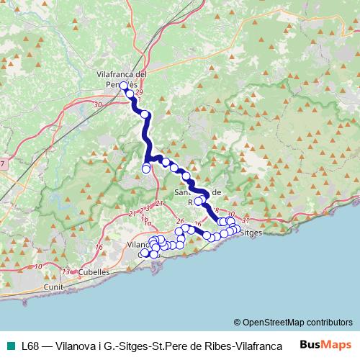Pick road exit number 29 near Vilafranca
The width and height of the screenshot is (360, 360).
pyautogui.click(x=139, y=93)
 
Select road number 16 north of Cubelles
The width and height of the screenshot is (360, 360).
pyautogui.click(x=99, y=248)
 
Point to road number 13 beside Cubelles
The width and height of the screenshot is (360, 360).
pyautogui.click(x=66, y=271)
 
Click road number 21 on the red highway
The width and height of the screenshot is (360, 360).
pyautogui.click(x=132, y=214)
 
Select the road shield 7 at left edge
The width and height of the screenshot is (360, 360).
pyautogui.click(x=2, y=165)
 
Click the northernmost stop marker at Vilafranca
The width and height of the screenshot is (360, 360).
pyautogui.click(x=123, y=86)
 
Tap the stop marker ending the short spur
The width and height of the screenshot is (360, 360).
pyautogui.click(x=146, y=169)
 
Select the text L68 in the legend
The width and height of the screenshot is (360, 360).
pyautogui.click(x=31, y=346)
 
